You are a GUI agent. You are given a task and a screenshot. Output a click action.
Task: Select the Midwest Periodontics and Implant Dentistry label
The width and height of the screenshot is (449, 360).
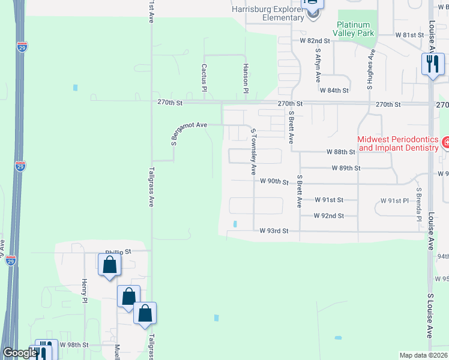click(x=398, y=143)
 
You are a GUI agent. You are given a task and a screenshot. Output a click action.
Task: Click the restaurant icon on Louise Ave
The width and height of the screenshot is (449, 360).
click(x=433, y=64)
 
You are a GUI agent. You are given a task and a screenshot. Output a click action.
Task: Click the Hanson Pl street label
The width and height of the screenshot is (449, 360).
click(x=246, y=78)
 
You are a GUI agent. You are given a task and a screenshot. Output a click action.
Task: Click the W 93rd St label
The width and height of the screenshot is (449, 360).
click(x=274, y=230)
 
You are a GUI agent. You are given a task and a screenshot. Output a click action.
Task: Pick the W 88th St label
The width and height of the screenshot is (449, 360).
click(x=341, y=152)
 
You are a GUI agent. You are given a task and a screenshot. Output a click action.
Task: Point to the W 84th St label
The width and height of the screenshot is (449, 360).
click(x=334, y=90)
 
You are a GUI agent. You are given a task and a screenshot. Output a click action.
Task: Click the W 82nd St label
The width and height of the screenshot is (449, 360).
click(x=316, y=41)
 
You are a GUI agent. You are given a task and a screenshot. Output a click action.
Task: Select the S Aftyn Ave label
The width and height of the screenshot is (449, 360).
click(x=317, y=65)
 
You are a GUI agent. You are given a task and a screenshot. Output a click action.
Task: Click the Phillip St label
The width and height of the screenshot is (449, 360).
click(x=118, y=253)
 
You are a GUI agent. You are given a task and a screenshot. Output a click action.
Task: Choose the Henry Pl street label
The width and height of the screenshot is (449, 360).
click(x=85, y=291)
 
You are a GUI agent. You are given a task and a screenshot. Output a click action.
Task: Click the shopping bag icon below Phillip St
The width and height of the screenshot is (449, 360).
click(x=109, y=265)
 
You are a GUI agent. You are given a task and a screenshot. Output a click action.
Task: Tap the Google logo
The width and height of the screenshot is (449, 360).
click(x=19, y=353)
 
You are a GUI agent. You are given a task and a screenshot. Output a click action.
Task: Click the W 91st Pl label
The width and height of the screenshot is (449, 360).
click(x=394, y=200)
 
